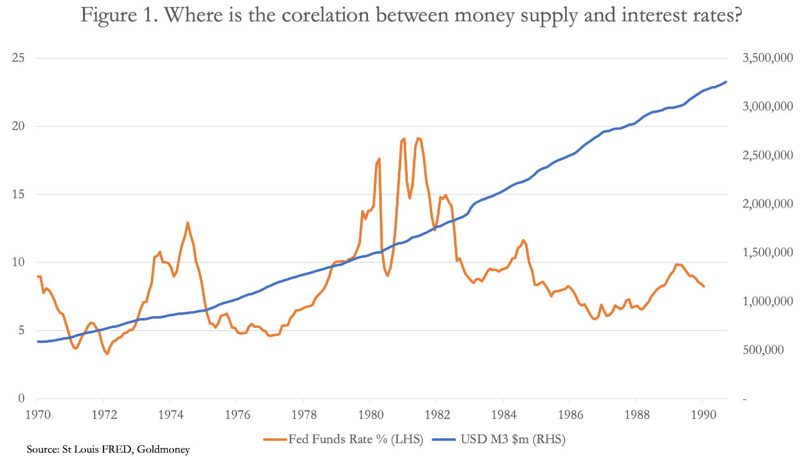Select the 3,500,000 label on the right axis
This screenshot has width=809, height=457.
click(767, 58)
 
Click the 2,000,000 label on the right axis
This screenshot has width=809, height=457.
click(767, 204)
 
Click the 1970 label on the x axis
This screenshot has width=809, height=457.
click(37, 414)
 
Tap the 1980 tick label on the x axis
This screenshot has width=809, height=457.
click(369, 414)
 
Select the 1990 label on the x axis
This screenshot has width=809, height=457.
click(702, 414)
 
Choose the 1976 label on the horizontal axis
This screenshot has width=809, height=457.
click(236, 414)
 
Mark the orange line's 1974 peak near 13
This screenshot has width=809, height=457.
click(187, 223)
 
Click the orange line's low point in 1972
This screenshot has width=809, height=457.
click(107, 354)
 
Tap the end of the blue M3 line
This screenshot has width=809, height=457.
click(726, 82)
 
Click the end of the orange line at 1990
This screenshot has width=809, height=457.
click(704, 286)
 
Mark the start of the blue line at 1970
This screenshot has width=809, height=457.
click(37, 341)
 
